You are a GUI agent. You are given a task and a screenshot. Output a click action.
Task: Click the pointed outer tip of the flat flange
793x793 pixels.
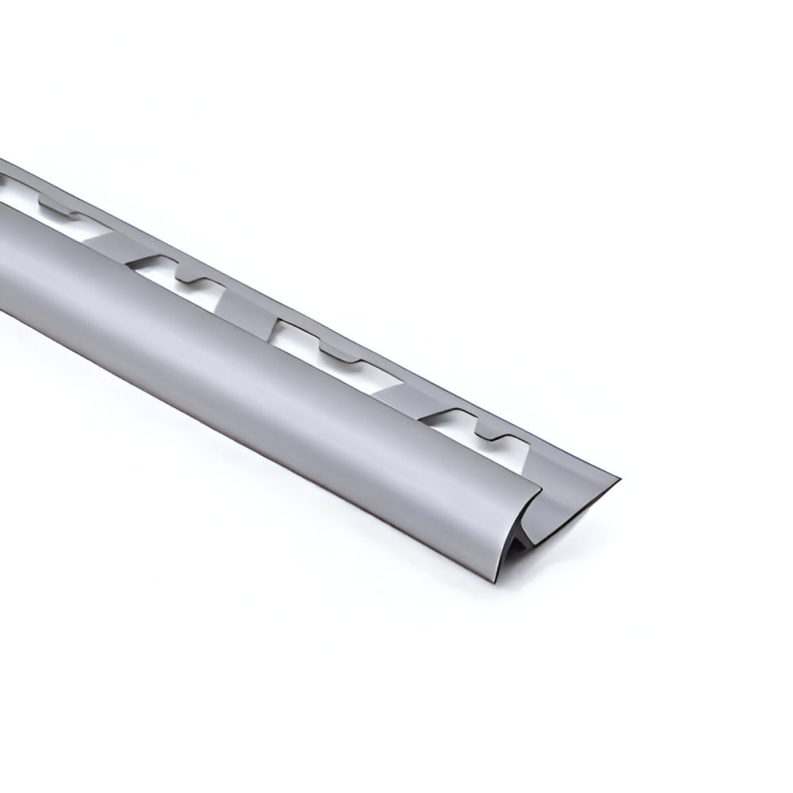617,480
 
